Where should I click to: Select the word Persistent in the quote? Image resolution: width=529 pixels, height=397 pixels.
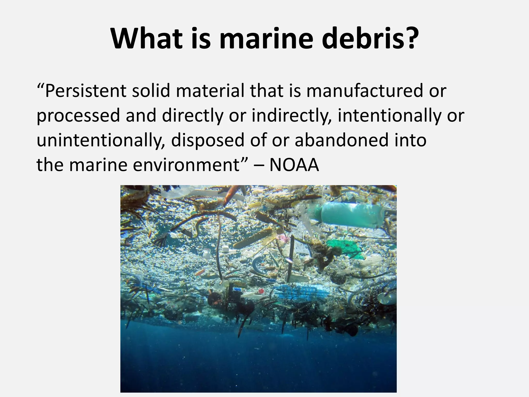coord(85,91)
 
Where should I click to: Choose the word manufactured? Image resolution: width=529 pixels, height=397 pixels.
coord(364,91)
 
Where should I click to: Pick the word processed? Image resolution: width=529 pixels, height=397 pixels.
coord(78,116)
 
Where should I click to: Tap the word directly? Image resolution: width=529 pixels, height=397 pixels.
coord(192,116)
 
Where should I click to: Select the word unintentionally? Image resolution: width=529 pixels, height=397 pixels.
coord(101,140)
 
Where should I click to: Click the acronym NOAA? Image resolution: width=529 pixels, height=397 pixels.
coord(294,165)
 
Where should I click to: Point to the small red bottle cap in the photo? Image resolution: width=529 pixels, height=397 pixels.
coord(261,291)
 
